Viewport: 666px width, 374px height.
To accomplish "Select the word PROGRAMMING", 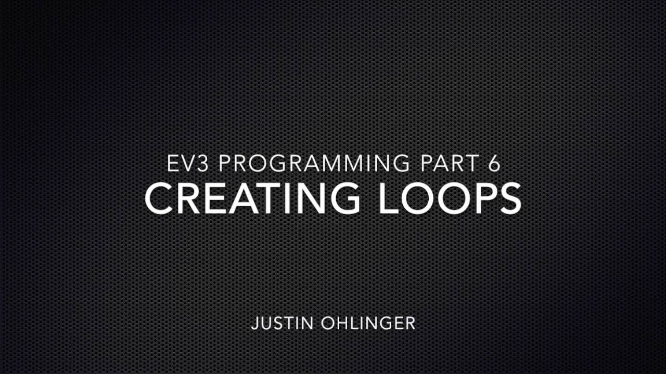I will click(314, 163).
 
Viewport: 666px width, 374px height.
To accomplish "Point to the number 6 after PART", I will click(494, 163).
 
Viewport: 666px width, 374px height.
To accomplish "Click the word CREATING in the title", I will click(252, 198).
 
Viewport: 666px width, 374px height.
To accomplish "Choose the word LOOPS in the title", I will click(450, 198).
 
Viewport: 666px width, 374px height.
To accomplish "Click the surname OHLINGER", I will click(368, 323).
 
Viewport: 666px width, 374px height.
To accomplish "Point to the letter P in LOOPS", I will click(482, 198).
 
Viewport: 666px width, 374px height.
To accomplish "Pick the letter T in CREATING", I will click(268, 198).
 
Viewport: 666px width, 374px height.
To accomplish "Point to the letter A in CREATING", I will click(240, 198).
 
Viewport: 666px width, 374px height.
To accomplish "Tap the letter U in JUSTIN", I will click(266, 323).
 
